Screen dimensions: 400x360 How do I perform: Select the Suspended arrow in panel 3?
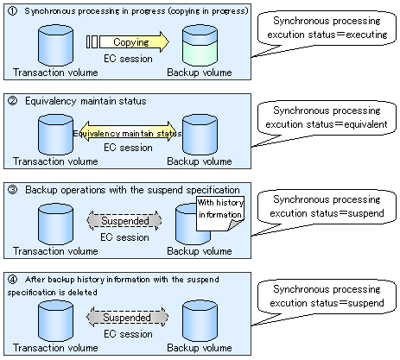(124, 221)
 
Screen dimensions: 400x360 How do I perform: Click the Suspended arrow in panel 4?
(127, 317)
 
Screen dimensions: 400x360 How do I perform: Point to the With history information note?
(220, 213)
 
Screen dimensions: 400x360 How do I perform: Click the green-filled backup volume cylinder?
(200, 46)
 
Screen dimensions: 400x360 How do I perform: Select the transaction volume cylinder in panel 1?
(55, 46)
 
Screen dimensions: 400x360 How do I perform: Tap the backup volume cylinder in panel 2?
(200, 135)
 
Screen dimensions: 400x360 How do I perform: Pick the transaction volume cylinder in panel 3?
(55, 224)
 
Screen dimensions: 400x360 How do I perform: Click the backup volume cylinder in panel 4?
(200, 321)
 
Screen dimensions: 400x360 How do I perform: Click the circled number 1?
(12, 11)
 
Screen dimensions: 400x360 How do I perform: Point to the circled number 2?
(12, 101)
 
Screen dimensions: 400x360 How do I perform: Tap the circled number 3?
(12, 190)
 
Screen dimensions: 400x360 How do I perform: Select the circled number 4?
(12, 280)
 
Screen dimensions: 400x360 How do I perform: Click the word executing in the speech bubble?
(366, 35)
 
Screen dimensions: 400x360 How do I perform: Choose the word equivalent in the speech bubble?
(365, 124)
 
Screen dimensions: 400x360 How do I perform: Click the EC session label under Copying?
(128, 59)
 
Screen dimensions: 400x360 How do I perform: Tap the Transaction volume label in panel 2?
(55, 161)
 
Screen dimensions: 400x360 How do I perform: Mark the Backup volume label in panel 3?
(200, 251)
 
